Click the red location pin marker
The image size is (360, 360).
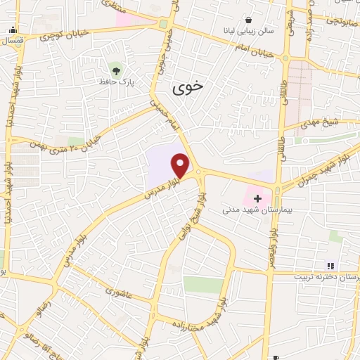181,165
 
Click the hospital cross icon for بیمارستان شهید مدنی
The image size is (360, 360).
257,198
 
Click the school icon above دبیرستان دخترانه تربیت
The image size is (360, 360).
329,265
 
